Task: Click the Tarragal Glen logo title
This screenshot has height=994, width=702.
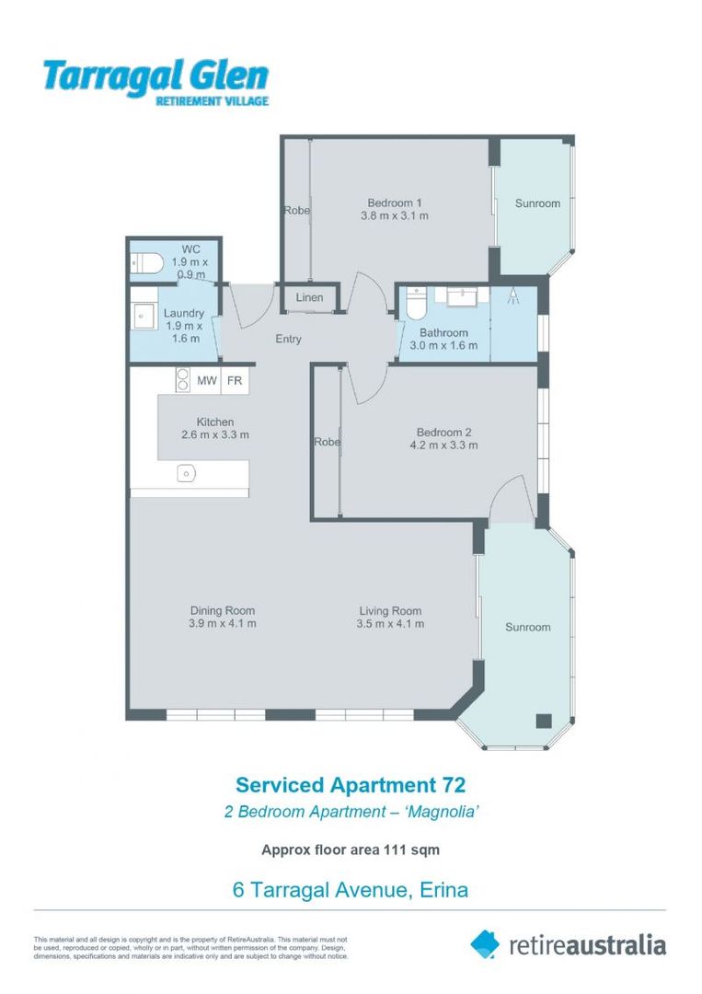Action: coord(155,76)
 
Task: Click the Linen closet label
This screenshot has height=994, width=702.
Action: coord(309,297)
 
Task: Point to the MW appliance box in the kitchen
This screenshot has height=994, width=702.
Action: coord(206,379)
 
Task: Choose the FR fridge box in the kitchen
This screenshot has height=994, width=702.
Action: coord(235,379)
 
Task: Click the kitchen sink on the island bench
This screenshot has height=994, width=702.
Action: coord(187,473)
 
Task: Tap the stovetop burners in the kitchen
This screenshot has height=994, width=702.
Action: coord(182,380)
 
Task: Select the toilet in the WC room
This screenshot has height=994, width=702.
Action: coord(147,264)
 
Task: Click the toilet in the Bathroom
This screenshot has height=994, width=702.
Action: coord(416,303)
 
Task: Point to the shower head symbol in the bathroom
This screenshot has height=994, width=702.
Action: coord(512,297)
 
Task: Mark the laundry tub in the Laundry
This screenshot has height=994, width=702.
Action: coord(144,314)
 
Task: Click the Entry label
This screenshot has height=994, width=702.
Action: coord(288,339)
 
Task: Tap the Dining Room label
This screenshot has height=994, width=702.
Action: coord(223,610)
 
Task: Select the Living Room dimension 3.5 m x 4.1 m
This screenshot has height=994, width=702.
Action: coord(390,624)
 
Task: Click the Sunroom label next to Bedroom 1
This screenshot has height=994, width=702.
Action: coord(537,203)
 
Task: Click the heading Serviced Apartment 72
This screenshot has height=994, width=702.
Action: coord(351,785)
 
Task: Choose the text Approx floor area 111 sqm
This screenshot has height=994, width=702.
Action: coord(351,850)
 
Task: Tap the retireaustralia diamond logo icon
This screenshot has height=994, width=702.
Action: coord(485,943)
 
